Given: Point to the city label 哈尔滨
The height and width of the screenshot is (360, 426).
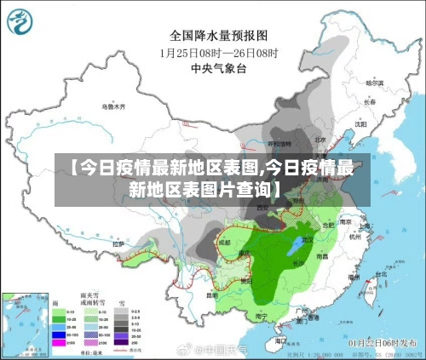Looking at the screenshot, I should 375,83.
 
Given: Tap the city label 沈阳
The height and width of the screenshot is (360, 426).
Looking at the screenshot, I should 360,123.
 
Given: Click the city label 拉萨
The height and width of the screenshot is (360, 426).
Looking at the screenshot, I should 118,244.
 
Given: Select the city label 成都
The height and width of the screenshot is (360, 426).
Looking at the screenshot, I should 224,242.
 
